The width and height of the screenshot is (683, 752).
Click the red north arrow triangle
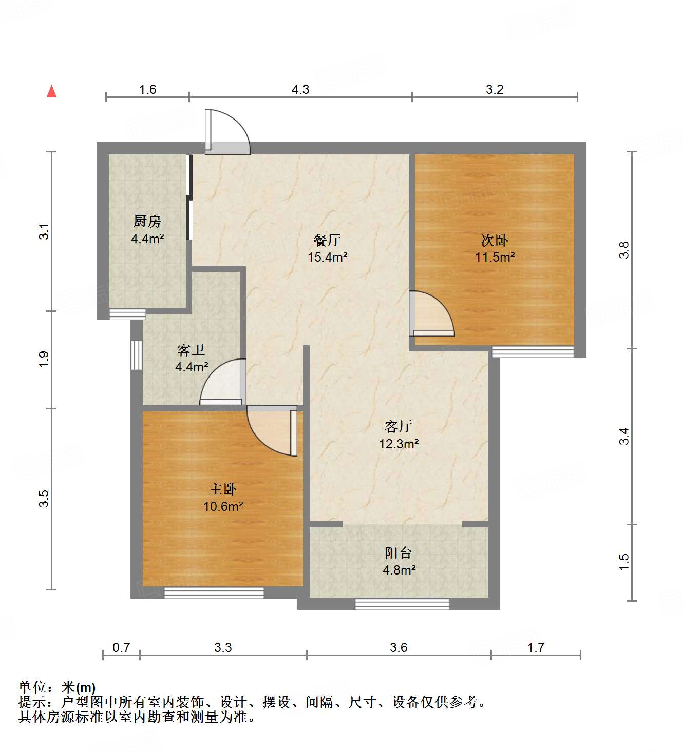[51, 91]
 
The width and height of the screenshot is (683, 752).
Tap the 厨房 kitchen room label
[147, 222]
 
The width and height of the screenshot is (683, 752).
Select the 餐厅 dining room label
[327, 240]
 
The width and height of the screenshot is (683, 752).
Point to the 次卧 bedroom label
[495, 240]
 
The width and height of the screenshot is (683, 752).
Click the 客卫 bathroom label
[191, 350]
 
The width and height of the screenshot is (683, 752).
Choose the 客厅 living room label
[399, 426]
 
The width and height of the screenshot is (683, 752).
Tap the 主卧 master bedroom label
[223, 489]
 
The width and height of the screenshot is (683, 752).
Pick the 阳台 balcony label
[399, 553]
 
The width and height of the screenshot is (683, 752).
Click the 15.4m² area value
[328, 258]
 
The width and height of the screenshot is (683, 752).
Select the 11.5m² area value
[495, 258]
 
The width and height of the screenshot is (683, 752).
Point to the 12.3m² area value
[399, 444]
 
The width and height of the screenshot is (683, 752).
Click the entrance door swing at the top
[227, 132]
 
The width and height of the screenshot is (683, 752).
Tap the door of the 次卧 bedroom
[431, 314]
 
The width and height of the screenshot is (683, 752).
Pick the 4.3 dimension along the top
[300, 90]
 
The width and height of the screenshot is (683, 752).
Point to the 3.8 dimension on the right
[624, 250]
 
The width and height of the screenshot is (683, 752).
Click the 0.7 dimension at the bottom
[121, 648]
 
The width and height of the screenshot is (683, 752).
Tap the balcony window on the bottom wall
[402, 604]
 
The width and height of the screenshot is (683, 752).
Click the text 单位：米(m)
[57, 687]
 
